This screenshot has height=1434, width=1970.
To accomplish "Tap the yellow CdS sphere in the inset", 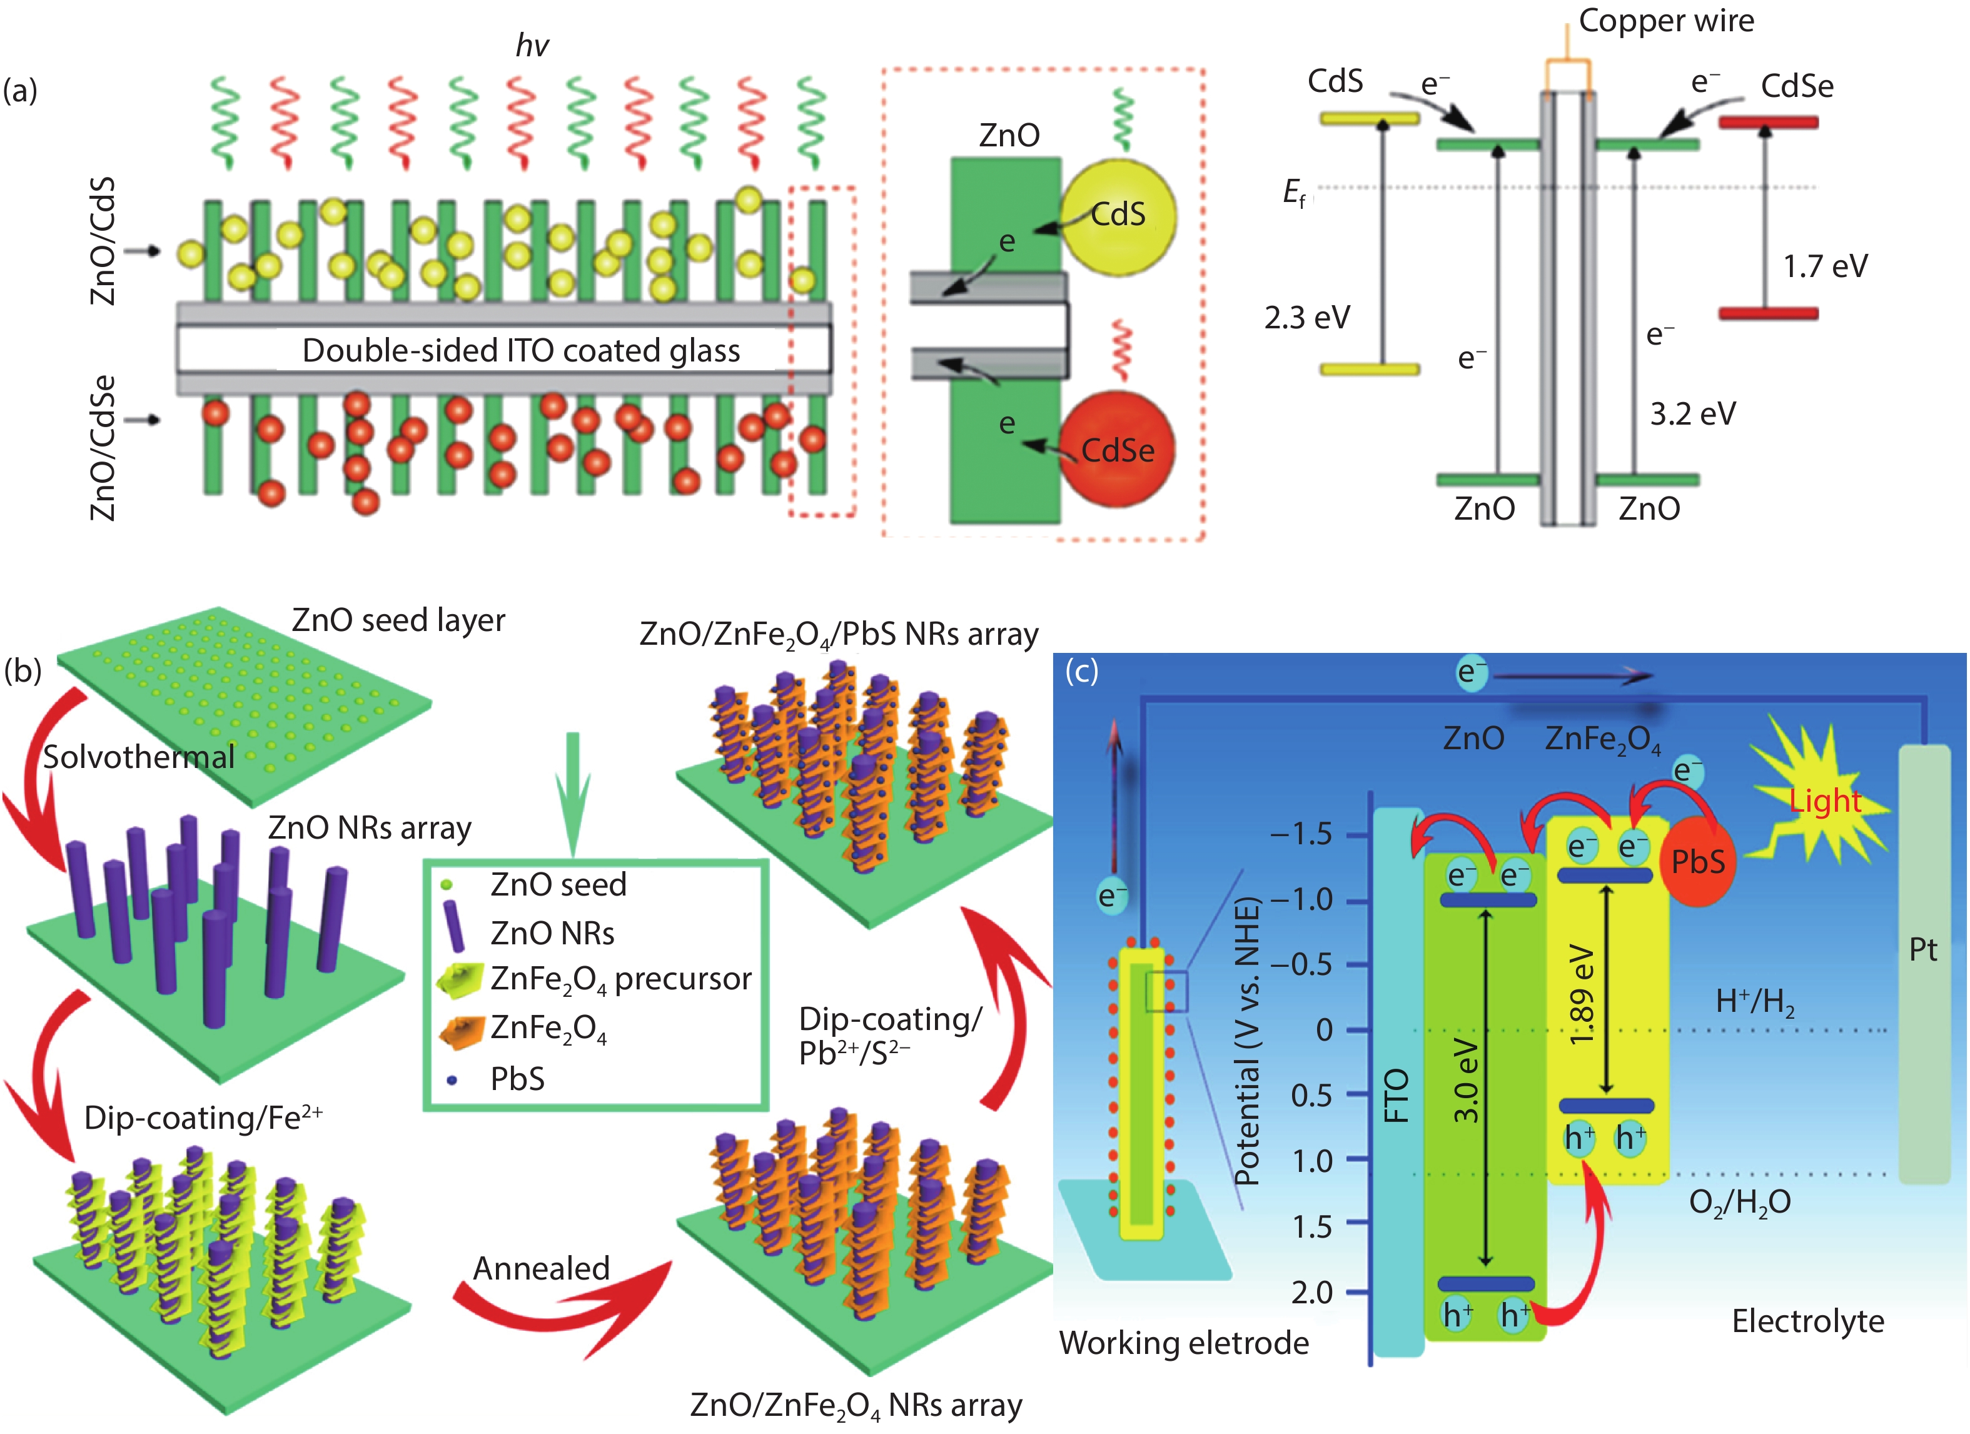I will [x=1118, y=215].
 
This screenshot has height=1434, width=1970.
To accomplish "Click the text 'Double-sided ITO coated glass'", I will [x=520, y=350].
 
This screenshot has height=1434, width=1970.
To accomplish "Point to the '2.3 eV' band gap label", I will [x=1306, y=318].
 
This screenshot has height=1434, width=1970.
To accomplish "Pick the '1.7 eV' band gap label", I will [x=1825, y=266].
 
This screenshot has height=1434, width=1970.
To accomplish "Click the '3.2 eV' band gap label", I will [x=1692, y=413].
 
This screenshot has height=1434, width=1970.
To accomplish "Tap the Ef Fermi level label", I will [x=1293, y=193].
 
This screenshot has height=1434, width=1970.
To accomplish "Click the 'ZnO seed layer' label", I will [x=398, y=620].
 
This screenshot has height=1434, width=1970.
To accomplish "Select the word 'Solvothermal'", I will [x=139, y=757].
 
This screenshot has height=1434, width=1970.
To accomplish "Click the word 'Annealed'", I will [x=541, y=1269].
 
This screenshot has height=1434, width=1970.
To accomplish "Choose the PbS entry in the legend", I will [x=517, y=1079].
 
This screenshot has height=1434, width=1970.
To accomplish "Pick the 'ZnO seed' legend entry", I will [x=558, y=884].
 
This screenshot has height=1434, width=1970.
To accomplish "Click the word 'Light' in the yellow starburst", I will [x=1825, y=801].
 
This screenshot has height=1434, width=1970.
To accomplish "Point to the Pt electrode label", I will [x=1923, y=949].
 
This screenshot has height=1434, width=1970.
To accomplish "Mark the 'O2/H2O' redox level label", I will [x=1739, y=1202].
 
